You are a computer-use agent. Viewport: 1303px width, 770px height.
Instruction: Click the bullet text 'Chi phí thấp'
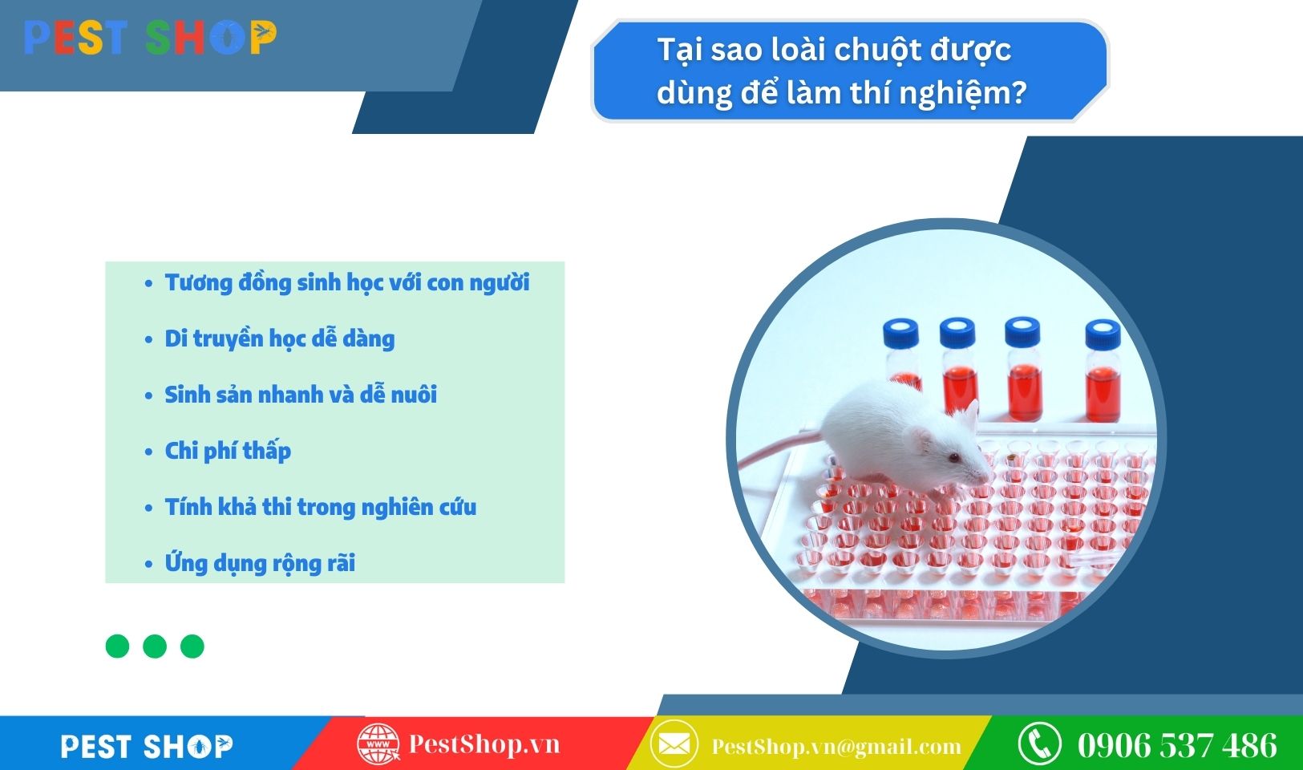228,452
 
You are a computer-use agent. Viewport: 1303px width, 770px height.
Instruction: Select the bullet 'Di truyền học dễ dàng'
279,339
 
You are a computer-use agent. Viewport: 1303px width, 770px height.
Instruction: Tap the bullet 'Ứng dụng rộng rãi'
260,563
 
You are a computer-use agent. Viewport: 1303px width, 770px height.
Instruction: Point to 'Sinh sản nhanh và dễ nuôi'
300,395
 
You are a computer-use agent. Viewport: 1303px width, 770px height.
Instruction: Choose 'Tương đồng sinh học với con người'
346,283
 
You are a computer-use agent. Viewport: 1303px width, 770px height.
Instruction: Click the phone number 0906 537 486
1177,745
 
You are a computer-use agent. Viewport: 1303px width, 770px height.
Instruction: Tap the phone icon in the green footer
1039,744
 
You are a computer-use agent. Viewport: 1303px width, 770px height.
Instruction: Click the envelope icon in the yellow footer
674,744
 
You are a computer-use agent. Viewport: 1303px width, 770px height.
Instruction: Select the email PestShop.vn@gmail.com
836,746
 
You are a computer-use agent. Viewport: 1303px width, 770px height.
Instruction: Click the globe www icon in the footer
378,744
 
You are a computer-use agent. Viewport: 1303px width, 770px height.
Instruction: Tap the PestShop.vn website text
484,744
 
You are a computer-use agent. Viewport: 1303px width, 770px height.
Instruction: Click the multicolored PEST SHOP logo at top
150,38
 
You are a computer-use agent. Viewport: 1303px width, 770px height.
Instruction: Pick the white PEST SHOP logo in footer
147,746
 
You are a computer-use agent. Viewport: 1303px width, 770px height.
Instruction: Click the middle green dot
155,646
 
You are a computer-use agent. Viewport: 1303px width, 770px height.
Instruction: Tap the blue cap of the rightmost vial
1103,334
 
